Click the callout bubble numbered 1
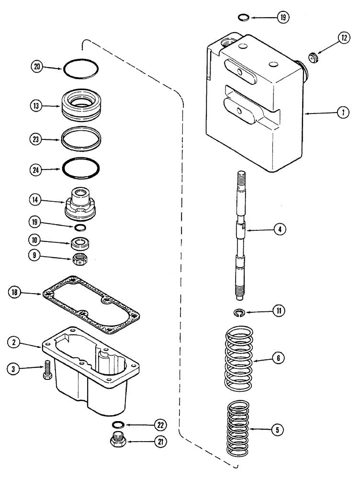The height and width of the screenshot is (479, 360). click(342, 113)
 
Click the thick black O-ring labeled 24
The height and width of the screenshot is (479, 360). click(81, 168)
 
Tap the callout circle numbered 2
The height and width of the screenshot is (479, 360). click(14, 342)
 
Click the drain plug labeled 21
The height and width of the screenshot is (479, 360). click(118, 439)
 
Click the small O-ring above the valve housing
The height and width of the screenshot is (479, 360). click(243, 18)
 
